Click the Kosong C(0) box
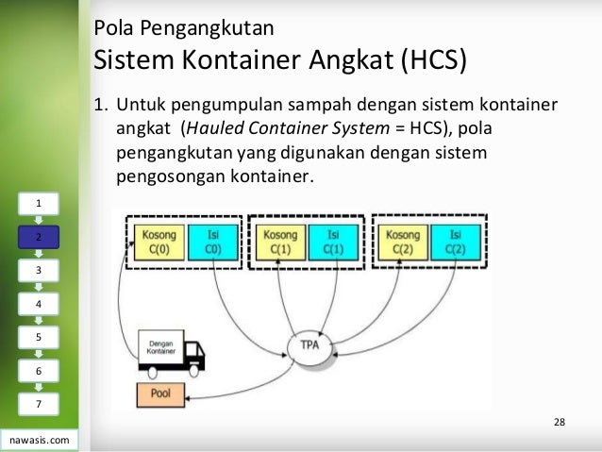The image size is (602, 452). point(158,243)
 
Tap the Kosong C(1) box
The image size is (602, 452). point(281,243)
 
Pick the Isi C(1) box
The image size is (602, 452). point(332,243)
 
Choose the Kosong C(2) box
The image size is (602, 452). point(404,243)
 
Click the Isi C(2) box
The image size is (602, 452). point(457,243)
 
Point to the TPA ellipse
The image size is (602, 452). point(309,346)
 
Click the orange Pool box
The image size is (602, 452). point(161,393)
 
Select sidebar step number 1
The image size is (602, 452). point(39,203)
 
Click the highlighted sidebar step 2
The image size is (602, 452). point(39,237)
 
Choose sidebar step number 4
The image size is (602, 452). point(39,304)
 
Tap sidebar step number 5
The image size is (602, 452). point(39,337)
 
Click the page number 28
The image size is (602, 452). point(560,421)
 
